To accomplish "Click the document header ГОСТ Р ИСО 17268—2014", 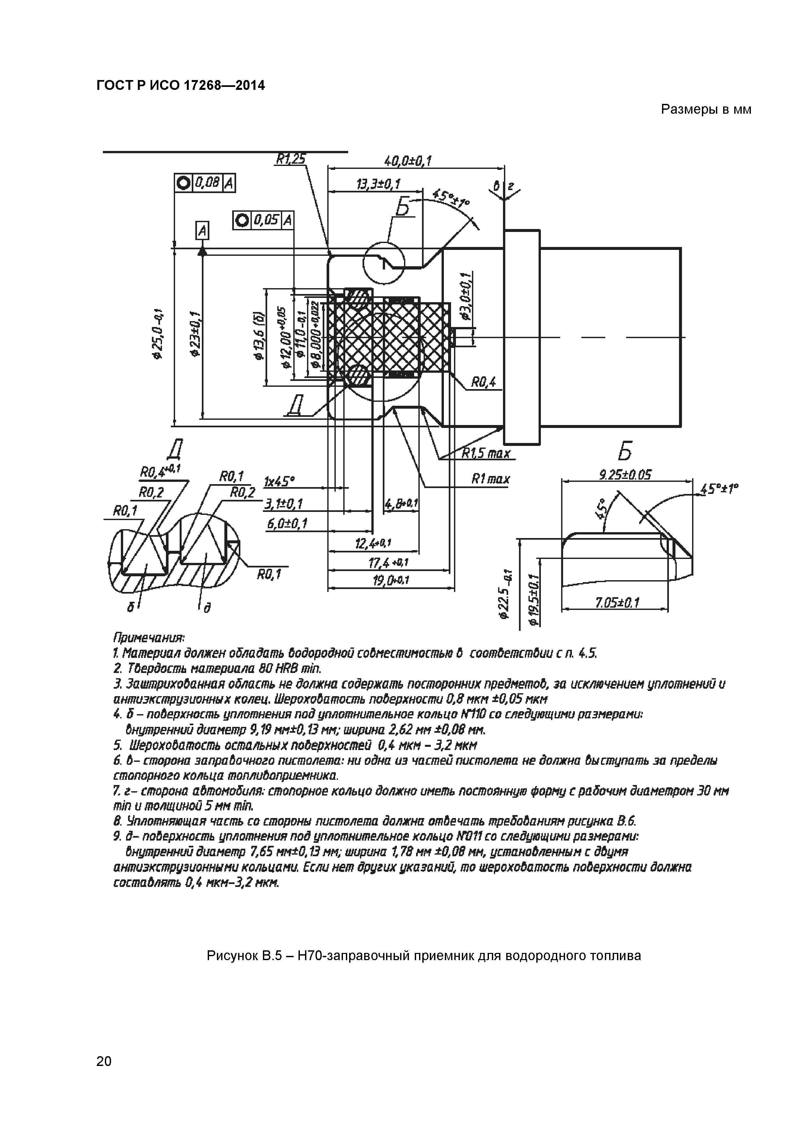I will (180, 86).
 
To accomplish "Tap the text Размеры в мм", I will (706, 109).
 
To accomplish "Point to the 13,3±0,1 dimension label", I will (378, 184).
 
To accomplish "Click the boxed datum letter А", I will (202, 231).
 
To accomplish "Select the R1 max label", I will (491, 479).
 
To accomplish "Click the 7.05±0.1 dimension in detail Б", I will (617, 603).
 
